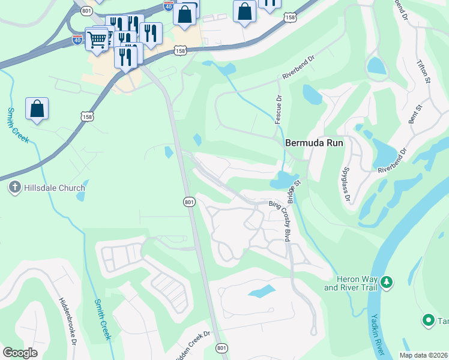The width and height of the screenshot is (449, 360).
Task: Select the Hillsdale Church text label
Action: click(x=54, y=188)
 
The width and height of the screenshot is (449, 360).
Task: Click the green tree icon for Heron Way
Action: click(x=387, y=281)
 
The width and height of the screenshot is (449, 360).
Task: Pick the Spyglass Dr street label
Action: click(x=346, y=185)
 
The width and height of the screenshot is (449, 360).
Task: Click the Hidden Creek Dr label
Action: click(x=191, y=346)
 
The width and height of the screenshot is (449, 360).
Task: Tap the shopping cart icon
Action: click(x=97, y=39)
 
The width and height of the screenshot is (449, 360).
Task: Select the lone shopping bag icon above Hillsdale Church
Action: click(x=37, y=109)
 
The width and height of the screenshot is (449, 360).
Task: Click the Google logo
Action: click(x=20, y=353)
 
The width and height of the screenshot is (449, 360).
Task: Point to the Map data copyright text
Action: click(x=423, y=355)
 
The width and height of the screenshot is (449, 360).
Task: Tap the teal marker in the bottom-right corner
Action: click(x=429, y=321)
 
